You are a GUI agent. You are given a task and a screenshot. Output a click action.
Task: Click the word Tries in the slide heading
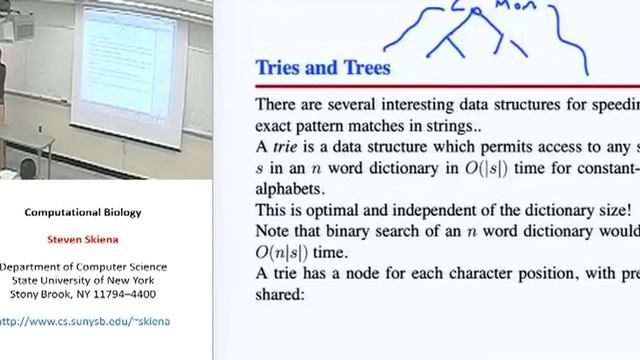click(281, 69)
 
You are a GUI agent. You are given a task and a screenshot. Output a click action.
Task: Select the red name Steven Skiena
click(98, 240)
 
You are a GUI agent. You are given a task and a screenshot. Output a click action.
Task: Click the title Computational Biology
click(98, 212)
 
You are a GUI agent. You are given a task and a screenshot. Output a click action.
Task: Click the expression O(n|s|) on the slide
click(289, 254)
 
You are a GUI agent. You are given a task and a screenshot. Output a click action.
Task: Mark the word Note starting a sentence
click(273, 232)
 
